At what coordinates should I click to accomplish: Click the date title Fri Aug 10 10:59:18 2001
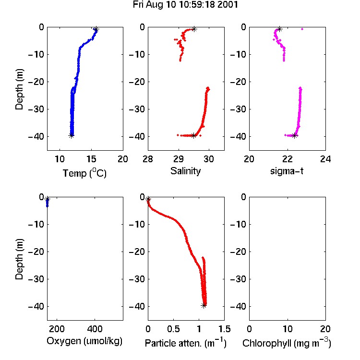(x=185, y=5)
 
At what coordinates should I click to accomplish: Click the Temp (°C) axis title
(x=84, y=173)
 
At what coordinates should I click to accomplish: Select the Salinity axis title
(x=185, y=171)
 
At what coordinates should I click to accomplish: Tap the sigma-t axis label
(x=287, y=171)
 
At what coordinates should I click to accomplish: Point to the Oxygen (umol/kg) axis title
(x=84, y=341)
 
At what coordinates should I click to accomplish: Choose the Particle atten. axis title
(x=186, y=343)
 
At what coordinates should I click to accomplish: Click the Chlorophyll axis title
(x=287, y=343)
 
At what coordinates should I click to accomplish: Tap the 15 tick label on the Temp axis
(x=91, y=159)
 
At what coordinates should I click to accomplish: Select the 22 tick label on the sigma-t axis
(x=287, y=159)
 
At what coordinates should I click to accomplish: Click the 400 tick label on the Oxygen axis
(x=95, y=329)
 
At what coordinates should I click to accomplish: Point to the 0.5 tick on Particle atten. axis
(x=173, y=329)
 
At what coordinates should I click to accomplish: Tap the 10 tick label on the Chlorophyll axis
(x=288, y=329)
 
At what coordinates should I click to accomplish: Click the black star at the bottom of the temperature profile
(x=72, y=135)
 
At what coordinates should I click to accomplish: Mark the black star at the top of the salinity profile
(x=194, y=29)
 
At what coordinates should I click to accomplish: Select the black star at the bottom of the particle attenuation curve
(x=204, y=306)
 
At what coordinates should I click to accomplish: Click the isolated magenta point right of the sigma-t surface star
(x=302, y=29)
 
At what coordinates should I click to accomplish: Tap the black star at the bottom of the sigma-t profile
(x=295, y=135)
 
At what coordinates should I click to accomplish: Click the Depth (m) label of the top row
(x=19, y=89)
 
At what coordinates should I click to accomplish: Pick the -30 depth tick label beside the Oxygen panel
(x=36, y=279)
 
